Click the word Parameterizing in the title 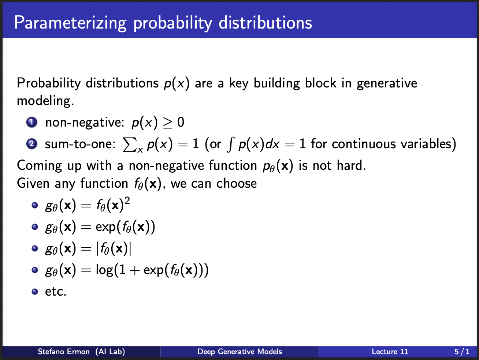(x=70, y=23)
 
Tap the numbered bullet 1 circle (x=32, y=122)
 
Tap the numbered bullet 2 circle (x=32, y=144)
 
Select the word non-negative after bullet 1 (x=85, y=123)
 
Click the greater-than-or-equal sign (x=168, y=123)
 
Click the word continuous (x=364, y=144)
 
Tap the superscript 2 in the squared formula (x=127, y=200)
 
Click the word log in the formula (x=104, y=270)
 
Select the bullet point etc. (x=56, y=292)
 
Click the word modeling (x=45, y=101)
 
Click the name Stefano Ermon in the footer (x=63, y=352)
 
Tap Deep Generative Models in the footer (x=239, y=352)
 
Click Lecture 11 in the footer (x=390, y=352)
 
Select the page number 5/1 (x=462, y=352)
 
